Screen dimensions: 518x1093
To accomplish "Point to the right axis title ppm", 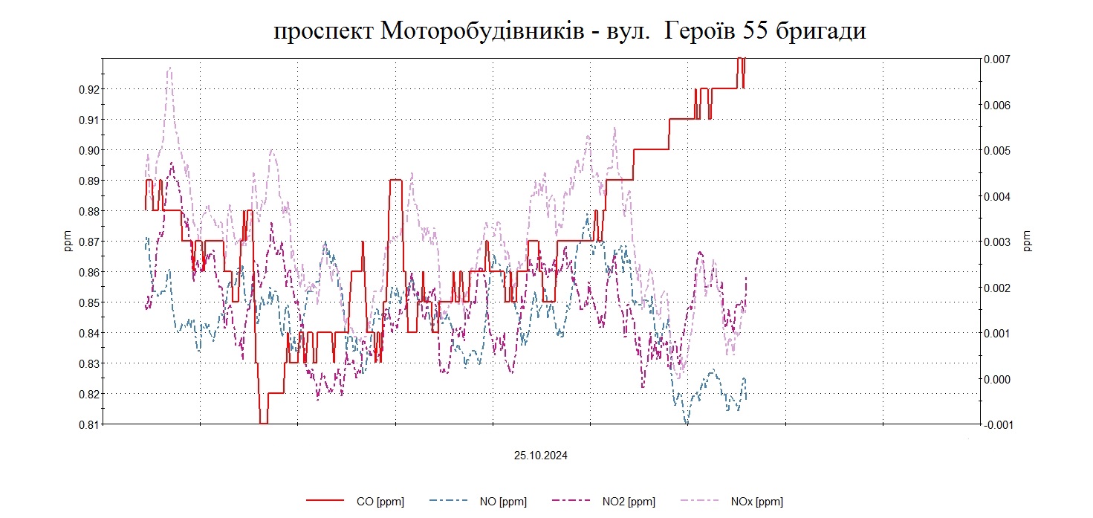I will (1028, 241).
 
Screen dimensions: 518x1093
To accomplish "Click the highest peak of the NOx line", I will (169, 68).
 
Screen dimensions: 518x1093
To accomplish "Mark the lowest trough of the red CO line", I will (264, 423).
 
